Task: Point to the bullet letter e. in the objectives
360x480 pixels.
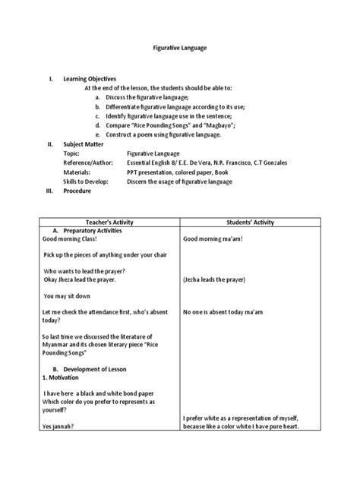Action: tap(98, 134)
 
